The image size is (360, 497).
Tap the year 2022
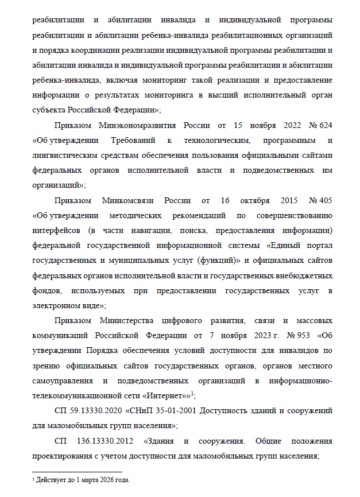[290, 125]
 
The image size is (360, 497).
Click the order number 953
[303, 335]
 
